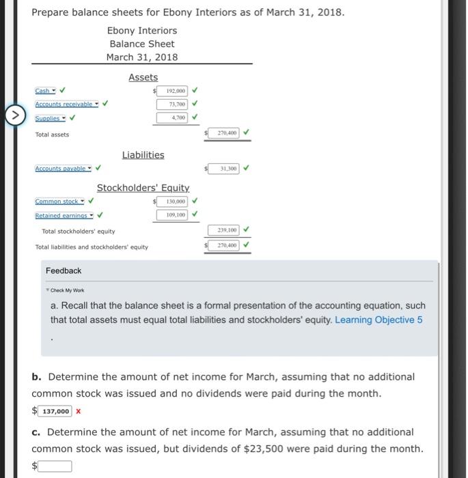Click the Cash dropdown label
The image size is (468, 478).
(x=44, y=90)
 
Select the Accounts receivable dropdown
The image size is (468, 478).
(x=66, y=104)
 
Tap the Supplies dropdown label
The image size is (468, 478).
(x=50, y=117)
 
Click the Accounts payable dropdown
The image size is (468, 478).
(x=64, y=168)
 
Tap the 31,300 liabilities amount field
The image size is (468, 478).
(x=224, y=168)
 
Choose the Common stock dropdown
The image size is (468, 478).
(x=59, y=201)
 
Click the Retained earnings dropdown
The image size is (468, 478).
(x=65, y=215)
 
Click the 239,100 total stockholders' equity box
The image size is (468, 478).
(x=224, y=231)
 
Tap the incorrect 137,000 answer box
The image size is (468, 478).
(x=55, y=411)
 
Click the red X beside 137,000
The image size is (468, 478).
(x=79, y=411)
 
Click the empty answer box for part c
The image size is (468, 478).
(x=55, y=466)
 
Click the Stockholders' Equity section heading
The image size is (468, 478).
(x=143, y=188)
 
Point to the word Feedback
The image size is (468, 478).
(x=64, y=270)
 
